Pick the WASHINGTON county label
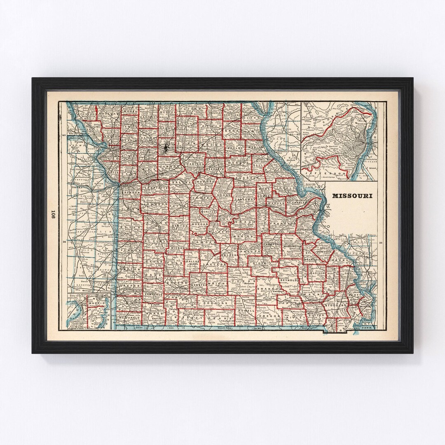293,246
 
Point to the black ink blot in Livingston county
166,148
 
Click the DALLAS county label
192,261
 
